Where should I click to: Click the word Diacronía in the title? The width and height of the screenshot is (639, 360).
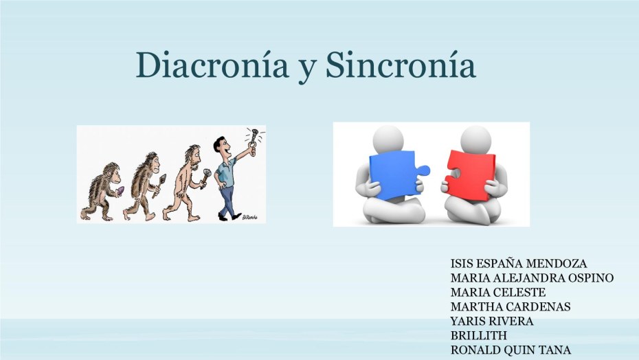[x=212, y=65]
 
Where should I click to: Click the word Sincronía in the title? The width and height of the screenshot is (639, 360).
[x=401, y=65]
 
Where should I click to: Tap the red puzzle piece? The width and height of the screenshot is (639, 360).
[x=469, y=176]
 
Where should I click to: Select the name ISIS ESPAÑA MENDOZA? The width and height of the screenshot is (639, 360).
[x=518, y=263]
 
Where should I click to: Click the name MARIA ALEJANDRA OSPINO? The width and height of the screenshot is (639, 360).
[x=532, y=278]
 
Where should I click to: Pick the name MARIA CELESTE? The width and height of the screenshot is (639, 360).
[x=498, y=292]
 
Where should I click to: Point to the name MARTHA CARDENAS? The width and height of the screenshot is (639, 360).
[x=511, y=306]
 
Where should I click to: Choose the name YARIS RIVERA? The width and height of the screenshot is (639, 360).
[x=492, y=322]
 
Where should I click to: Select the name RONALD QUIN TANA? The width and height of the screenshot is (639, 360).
[x=511, y=350]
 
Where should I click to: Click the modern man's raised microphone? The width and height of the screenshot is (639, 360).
[x=254, y=138]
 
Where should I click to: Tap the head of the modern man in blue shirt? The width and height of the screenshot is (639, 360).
[x=222, y=147]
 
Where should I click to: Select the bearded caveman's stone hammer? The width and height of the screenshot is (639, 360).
[x=205, y=178]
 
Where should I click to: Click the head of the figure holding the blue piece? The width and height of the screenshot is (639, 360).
[x=388, y=139]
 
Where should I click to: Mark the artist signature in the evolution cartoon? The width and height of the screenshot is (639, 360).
[x=250, y=217]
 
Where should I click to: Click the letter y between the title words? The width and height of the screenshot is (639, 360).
[x=307, y=69]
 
